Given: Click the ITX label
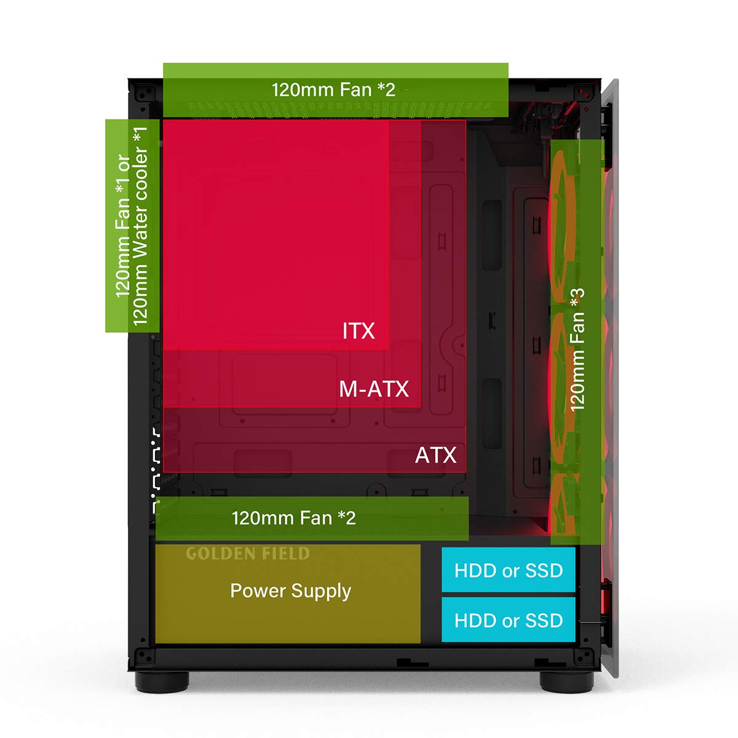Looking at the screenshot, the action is point(358,331).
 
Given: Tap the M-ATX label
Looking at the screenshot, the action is point(373,389).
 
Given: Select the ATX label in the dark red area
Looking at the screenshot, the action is point(435,455).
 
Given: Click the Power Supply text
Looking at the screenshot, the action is point(290,591).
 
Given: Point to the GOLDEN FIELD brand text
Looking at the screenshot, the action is point(247,553).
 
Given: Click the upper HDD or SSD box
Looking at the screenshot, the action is point(509,570).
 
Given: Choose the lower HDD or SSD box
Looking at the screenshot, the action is point(509,620).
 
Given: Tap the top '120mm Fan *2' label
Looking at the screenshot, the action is point(333,90).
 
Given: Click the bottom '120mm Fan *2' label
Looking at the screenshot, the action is point(293,518).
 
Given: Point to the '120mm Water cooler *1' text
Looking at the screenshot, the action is point(141,226).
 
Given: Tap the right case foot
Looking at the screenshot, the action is point(566,680).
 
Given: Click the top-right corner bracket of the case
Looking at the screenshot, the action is point(584,93).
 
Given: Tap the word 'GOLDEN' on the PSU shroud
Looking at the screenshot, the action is point(213,553).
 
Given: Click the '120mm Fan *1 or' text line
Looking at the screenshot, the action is point(123,226).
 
